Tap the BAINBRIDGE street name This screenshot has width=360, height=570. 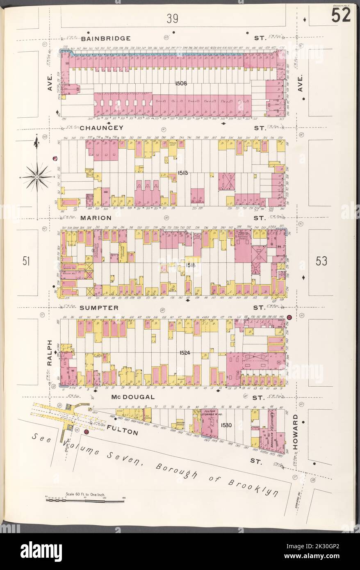pyautogui.click(x=106, y=39)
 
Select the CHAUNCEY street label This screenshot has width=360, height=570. pyautogui.click(x=105, y=128)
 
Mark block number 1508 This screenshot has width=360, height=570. pyautogui.click(x=181, y=83)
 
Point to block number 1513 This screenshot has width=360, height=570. pyautogui.click(x=182, y=173)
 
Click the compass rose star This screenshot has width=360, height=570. pyautogui.click(x=36, y=176)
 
